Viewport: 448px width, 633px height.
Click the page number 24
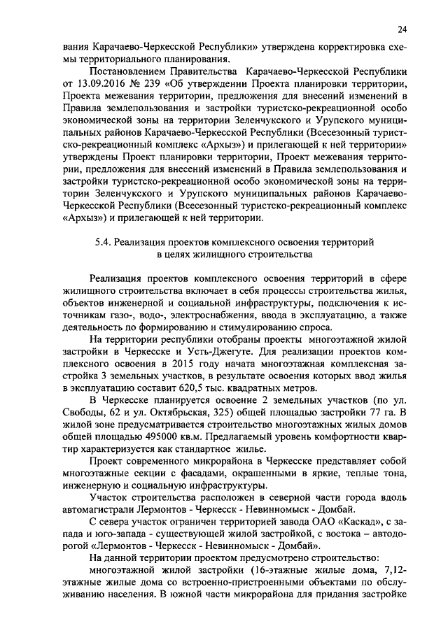click(400, 29)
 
